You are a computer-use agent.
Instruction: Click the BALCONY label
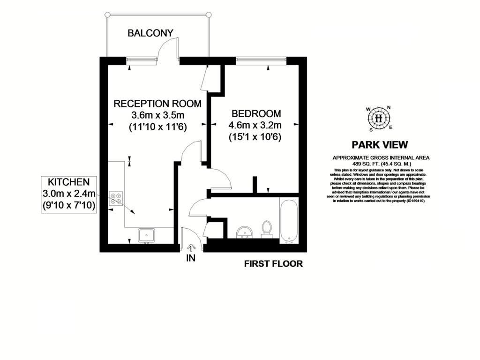pos(150,33)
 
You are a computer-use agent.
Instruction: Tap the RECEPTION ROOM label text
pos(158,104)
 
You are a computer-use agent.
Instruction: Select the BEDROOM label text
pos(256,113)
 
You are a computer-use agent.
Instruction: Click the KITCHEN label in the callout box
pos(68,181)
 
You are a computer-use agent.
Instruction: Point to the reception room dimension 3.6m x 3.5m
pos(158,115)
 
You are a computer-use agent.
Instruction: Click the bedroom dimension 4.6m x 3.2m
pos(255,125)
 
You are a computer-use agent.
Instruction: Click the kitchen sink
pos(148,235)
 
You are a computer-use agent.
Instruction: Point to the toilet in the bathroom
pos(267,229)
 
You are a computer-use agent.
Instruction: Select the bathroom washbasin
pos(244,232)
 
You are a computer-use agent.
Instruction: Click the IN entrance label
pos(190,257)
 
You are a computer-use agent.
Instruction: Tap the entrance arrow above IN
pos(191,247)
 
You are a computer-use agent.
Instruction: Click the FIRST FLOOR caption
pos(273,264)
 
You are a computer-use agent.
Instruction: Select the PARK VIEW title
pos(380,145)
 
